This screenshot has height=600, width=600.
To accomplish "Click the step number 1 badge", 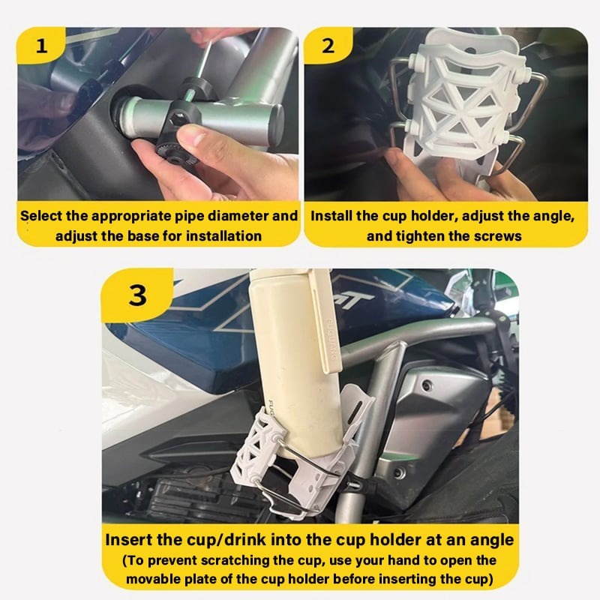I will point(41,45).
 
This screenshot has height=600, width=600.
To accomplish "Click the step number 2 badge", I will point(328,45).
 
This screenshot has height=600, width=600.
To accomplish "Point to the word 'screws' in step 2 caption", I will point(501,235).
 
